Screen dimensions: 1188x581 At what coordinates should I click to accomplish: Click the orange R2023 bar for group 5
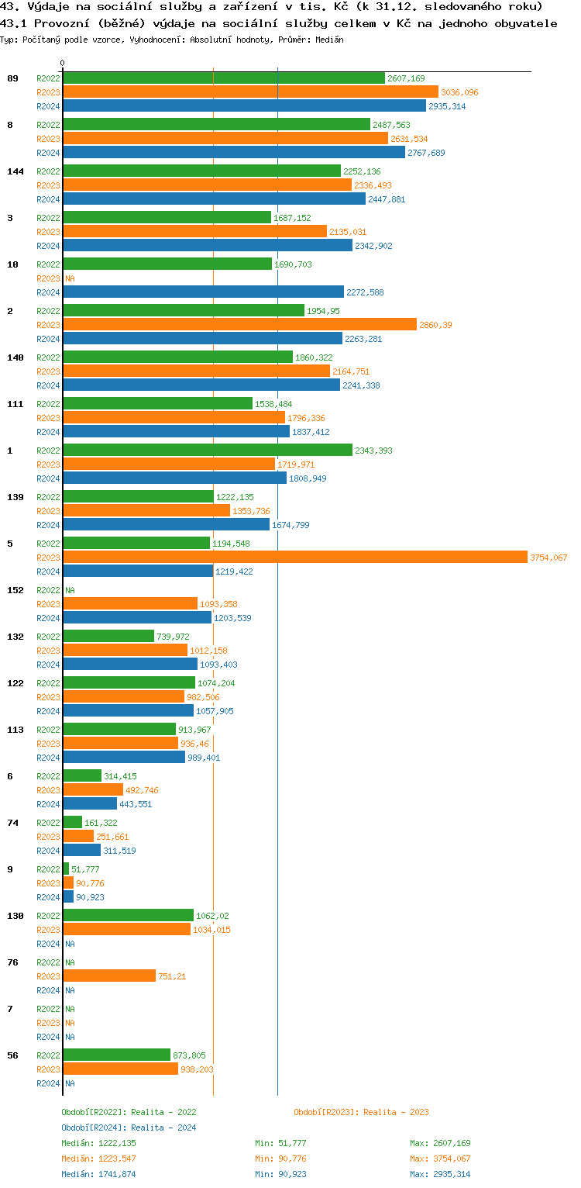[x=294, y=558]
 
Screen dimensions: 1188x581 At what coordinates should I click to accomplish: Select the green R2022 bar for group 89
[x=223, y=78]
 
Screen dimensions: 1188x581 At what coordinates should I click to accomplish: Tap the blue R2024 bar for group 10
[x=203, y=292]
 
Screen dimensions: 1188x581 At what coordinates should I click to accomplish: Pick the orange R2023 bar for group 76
[x=109, y=976]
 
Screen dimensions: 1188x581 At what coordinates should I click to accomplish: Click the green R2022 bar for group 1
[x=207, y=451]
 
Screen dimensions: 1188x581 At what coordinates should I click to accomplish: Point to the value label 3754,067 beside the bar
[x=548, y=558]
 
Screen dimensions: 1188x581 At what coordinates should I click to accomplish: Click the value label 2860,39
[x=435, y=325]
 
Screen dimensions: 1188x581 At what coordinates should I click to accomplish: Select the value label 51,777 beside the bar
[x=87, y=869]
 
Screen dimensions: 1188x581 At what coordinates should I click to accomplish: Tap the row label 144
[x=15, y=171]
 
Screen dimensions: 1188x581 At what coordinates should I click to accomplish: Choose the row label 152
[x=15, y=590]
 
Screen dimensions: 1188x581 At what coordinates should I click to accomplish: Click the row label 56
[x=13, y=1055]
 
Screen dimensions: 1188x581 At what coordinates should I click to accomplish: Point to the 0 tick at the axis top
[x=63, y=63]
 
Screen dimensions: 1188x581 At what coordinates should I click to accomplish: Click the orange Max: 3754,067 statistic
[x=440, y=1159]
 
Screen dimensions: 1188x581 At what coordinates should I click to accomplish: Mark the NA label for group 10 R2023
[x=70, y=278]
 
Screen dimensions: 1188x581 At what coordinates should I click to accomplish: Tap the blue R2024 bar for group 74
[x=81, y=851]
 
